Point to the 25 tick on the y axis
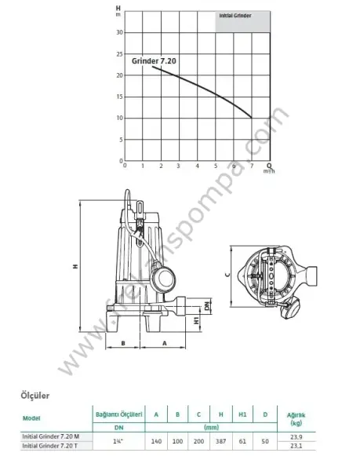(118, 53)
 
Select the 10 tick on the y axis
(118, 118)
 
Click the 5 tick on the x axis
(216, 166)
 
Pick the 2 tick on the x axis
(161, 166)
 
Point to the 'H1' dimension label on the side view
(195, 321)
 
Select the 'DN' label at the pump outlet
(207, 305)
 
